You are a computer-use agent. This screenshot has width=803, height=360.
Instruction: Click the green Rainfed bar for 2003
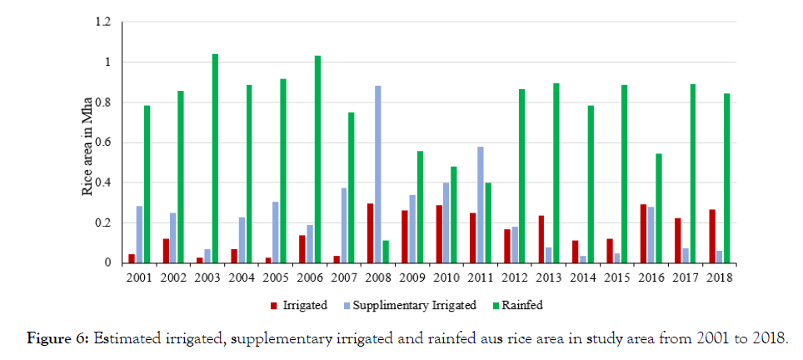(x=215, y=158)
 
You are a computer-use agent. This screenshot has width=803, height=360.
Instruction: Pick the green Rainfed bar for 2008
(x=386, y=252)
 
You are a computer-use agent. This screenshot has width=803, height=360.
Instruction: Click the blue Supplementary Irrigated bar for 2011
(x=480, y=205)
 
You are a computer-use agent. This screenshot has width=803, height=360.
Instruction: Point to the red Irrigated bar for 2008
(x=369, y=233)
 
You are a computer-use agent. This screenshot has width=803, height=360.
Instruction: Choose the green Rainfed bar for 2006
(x=317, y=159)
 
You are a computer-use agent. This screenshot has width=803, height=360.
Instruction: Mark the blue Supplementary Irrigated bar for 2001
(x=139, y=234)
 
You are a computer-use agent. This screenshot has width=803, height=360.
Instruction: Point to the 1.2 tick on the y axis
(x=103, y=22)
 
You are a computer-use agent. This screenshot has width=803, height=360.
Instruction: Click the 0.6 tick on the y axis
(x=103, y=142)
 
